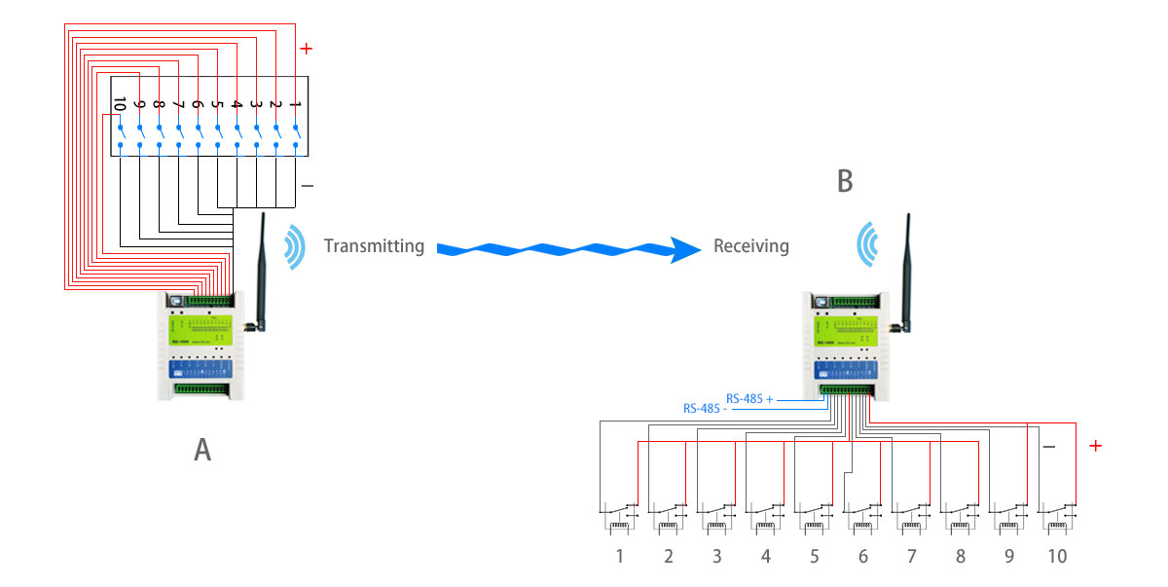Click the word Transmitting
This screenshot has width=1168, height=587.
pyautogui.click(x=374, y=246)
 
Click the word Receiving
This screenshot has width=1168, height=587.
pyautogui.click(x=750, y=246)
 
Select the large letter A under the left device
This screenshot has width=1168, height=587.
pyautogui.click(x=202, y=449)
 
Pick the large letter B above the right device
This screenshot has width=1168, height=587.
pyautogui.click(x=845, y=181)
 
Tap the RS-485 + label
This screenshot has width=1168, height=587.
pyautogui.click(x=750, y=398)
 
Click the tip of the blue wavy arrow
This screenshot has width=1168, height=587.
pyautogui.click(x=697, y=249)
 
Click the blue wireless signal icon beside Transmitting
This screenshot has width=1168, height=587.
pyautogui.click(x=293, y=247)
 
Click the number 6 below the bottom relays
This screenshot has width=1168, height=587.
pyautogui.click(x=862, y=557)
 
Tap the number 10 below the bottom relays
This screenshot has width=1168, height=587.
pyautogui.click(x=1056, y=557)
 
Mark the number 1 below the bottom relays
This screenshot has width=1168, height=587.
pyautogui.click(x=619, y=557)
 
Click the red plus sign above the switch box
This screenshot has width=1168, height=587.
pyautogui.click(x=307, y=48)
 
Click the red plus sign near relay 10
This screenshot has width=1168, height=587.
pyautogui.click(x=1095, y=446)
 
